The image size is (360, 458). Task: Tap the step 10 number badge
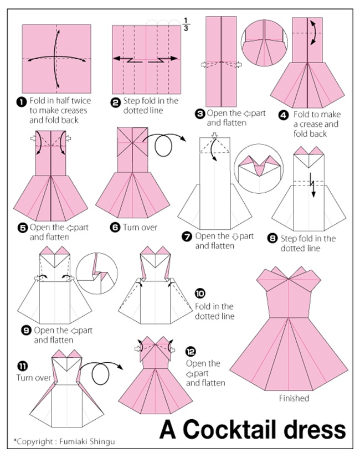(x=200, y=293)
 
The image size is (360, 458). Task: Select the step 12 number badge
(x=191, y=351)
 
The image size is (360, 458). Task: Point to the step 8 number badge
(x=272, y=239)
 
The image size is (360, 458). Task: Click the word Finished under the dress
(x=294, y=398)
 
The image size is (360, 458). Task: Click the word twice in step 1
(x=81, y=101)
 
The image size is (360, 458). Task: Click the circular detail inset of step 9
(x=97, y=274)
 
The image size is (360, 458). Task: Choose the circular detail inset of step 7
(x=259, y=168)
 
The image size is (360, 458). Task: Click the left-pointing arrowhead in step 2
(x=117, y=58)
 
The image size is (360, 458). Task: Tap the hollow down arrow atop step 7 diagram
(x=215, y=135)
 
